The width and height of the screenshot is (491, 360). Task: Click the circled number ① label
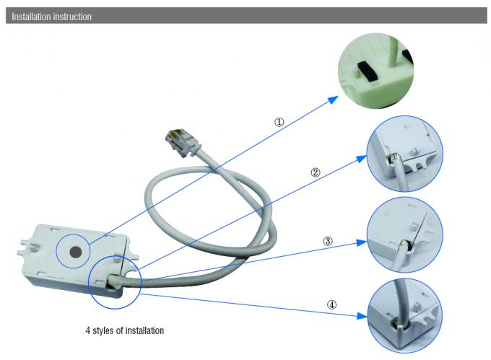point(278,122)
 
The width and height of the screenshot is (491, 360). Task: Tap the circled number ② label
point(315,173)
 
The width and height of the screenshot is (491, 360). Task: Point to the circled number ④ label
point(331,304)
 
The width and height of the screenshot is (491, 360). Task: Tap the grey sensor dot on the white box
point(76,252)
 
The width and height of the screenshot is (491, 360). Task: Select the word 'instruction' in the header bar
point(72,16)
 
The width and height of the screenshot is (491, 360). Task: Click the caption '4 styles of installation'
point(123,331)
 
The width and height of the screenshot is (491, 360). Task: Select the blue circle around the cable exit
point(114,277)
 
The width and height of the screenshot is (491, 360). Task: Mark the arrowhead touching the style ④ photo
point(362,315)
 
